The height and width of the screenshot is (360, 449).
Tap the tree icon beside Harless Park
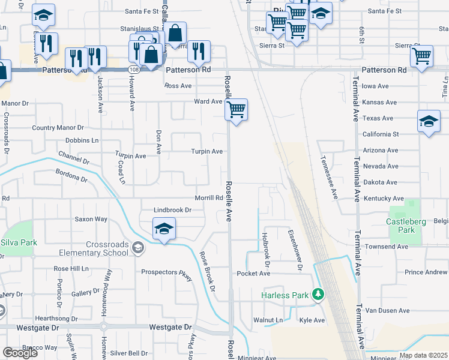318,295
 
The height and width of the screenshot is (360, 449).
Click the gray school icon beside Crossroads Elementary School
137,248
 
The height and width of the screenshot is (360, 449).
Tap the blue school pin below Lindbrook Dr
164,229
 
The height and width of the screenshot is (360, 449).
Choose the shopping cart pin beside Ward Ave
237,110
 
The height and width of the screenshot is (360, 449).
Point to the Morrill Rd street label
209,198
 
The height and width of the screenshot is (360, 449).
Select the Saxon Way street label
91,220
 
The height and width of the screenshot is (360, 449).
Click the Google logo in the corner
20,353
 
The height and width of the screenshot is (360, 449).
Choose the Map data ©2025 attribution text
423,355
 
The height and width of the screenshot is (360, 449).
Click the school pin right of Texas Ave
429,121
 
